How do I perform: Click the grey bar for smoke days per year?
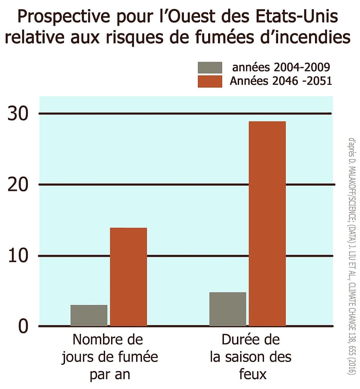coord(89,315)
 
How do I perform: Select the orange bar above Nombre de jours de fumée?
coord(128,277)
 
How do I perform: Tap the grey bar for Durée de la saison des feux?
coord(227,309)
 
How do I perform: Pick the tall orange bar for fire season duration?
coord(267,224)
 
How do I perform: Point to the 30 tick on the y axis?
coord(18,114)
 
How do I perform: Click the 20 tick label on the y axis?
coord(18,185)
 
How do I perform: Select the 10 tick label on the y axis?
coord(18,256)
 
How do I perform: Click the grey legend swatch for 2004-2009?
coord(210,68)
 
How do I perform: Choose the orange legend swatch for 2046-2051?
coord(210,81)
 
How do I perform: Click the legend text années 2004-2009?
coord(281,68)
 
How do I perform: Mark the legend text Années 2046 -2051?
coord(281,81)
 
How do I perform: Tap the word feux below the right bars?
coord(250,374)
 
